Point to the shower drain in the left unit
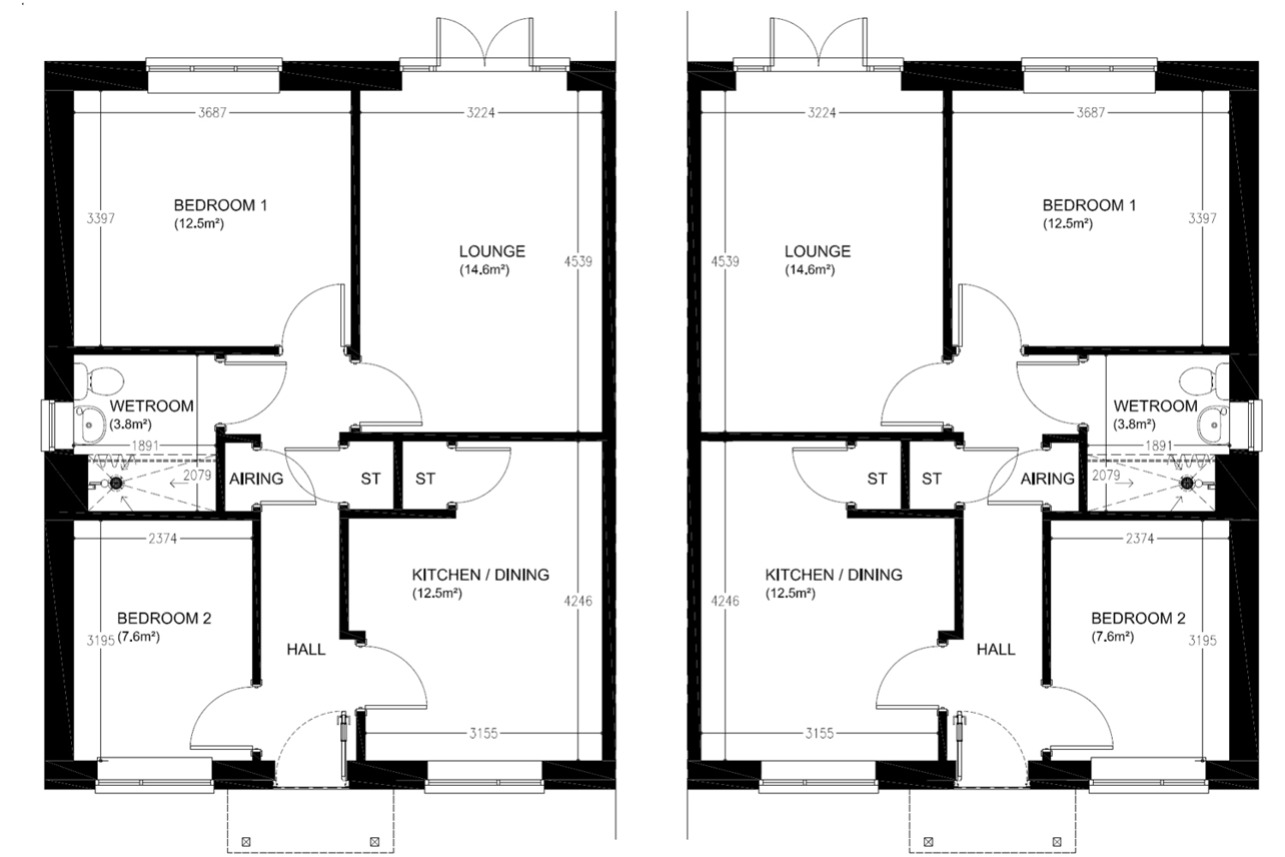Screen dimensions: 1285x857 tap(117, 483)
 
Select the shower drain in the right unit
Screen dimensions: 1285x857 tap(1186, 483)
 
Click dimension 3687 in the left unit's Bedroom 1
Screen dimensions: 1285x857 tap(212, 112)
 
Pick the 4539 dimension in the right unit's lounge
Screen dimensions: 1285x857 tap(725, 261)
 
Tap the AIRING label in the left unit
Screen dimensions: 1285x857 tap(256, 478)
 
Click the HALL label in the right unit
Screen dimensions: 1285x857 tap(995, 650)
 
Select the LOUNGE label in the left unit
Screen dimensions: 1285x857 tap(493, 251)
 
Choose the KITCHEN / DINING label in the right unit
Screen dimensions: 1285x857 tap(834, 574)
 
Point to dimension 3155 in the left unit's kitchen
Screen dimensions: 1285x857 tap(483, 733)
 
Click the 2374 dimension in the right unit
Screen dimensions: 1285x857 tap(1139, 538)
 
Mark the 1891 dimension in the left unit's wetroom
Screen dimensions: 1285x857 tap(146, 446)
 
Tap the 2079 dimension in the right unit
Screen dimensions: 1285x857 tap(1106, 476)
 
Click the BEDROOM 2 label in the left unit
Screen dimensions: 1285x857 tap(164, 618)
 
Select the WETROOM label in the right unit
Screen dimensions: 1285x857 tap(1156, 406)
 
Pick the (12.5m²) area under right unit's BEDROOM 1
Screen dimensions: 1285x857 tap(1067, 224)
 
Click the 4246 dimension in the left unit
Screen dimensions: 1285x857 tap(578, 601)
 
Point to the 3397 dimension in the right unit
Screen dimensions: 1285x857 tap(1202, 219)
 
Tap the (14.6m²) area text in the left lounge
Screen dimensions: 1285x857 tap(484, 270)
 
